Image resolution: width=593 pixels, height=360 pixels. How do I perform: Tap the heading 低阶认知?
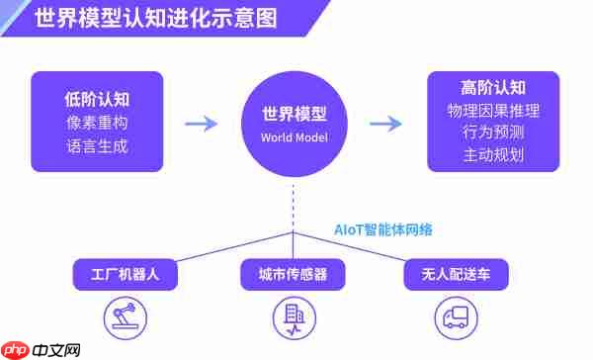coord(98,99)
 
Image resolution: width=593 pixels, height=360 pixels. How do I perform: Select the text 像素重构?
coord(98,123)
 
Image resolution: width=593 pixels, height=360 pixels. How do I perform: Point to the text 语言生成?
coord(98,146)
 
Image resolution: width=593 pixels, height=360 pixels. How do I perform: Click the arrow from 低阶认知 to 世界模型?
coord(202,124)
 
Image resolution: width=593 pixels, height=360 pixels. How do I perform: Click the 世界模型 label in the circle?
coord(294,114)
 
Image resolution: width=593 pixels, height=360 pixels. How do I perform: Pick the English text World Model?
coord(294,136)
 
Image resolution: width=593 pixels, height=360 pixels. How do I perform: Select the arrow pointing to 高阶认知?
coord(385,124)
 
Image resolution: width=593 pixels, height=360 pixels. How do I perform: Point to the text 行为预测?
coord(492,132)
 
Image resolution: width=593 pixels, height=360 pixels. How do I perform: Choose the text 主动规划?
coord(492,154)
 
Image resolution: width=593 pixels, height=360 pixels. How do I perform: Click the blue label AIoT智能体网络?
coord(381,228)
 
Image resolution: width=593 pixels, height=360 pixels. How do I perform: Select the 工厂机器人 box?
coord(126,274)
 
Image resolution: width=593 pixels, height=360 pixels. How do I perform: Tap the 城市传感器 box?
coord(293,274)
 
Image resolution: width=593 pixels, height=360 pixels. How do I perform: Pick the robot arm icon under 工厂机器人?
coord(126,316)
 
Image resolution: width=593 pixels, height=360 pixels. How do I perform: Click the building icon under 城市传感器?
coord(293,316)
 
